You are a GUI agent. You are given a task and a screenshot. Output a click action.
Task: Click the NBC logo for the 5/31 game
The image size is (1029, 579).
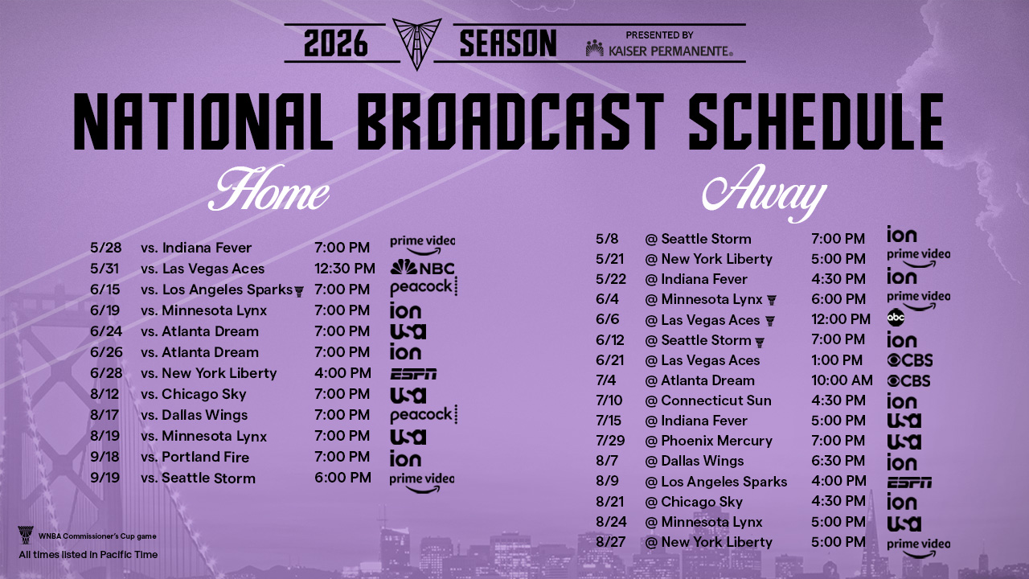(x=423, y=268)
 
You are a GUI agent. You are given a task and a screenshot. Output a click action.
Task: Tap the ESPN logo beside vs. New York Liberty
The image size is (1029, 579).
(x=413, y=374)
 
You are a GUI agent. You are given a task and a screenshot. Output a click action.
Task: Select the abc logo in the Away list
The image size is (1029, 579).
(x=896, y=317)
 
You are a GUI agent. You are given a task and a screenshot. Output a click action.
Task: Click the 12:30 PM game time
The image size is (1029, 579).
(x=345, y=269)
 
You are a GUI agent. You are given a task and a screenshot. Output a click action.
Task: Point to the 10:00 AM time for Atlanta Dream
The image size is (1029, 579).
(x=842, y=380)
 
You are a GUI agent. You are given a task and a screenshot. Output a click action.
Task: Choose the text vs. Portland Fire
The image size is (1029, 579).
(x=195, y=458)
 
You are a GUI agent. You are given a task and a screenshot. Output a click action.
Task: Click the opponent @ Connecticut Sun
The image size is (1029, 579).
(x=708, y=400)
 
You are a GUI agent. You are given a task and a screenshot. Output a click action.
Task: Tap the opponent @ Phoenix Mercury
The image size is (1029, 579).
(x=708, y=441)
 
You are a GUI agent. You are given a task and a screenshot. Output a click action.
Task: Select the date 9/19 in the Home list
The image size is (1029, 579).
(x=105, y=478)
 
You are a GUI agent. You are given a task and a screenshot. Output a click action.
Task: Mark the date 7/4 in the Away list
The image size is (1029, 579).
(x=605, y=380)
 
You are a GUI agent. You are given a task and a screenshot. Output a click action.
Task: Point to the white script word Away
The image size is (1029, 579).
(x=765, y=193)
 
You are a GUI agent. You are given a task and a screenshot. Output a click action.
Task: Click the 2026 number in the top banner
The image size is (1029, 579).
(x=336, y=43)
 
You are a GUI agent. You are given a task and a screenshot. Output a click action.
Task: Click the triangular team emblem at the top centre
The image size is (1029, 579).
(x=416, y=43)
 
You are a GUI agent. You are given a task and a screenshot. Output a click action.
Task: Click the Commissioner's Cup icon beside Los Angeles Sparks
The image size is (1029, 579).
(x=299, y=292)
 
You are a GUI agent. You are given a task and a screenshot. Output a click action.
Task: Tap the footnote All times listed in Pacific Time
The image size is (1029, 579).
(x=88, y=555)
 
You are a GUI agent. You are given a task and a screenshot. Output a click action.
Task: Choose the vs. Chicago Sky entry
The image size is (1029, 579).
(x=194, y=394)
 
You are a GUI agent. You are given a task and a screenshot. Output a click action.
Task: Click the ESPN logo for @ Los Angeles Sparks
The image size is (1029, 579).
(x=909, y=482)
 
